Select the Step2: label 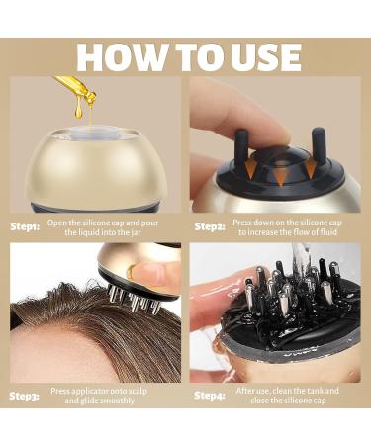pos(210,226)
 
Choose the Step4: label pos(210,397)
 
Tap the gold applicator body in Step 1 pos(94,168)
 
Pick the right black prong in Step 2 pos(319,141)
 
